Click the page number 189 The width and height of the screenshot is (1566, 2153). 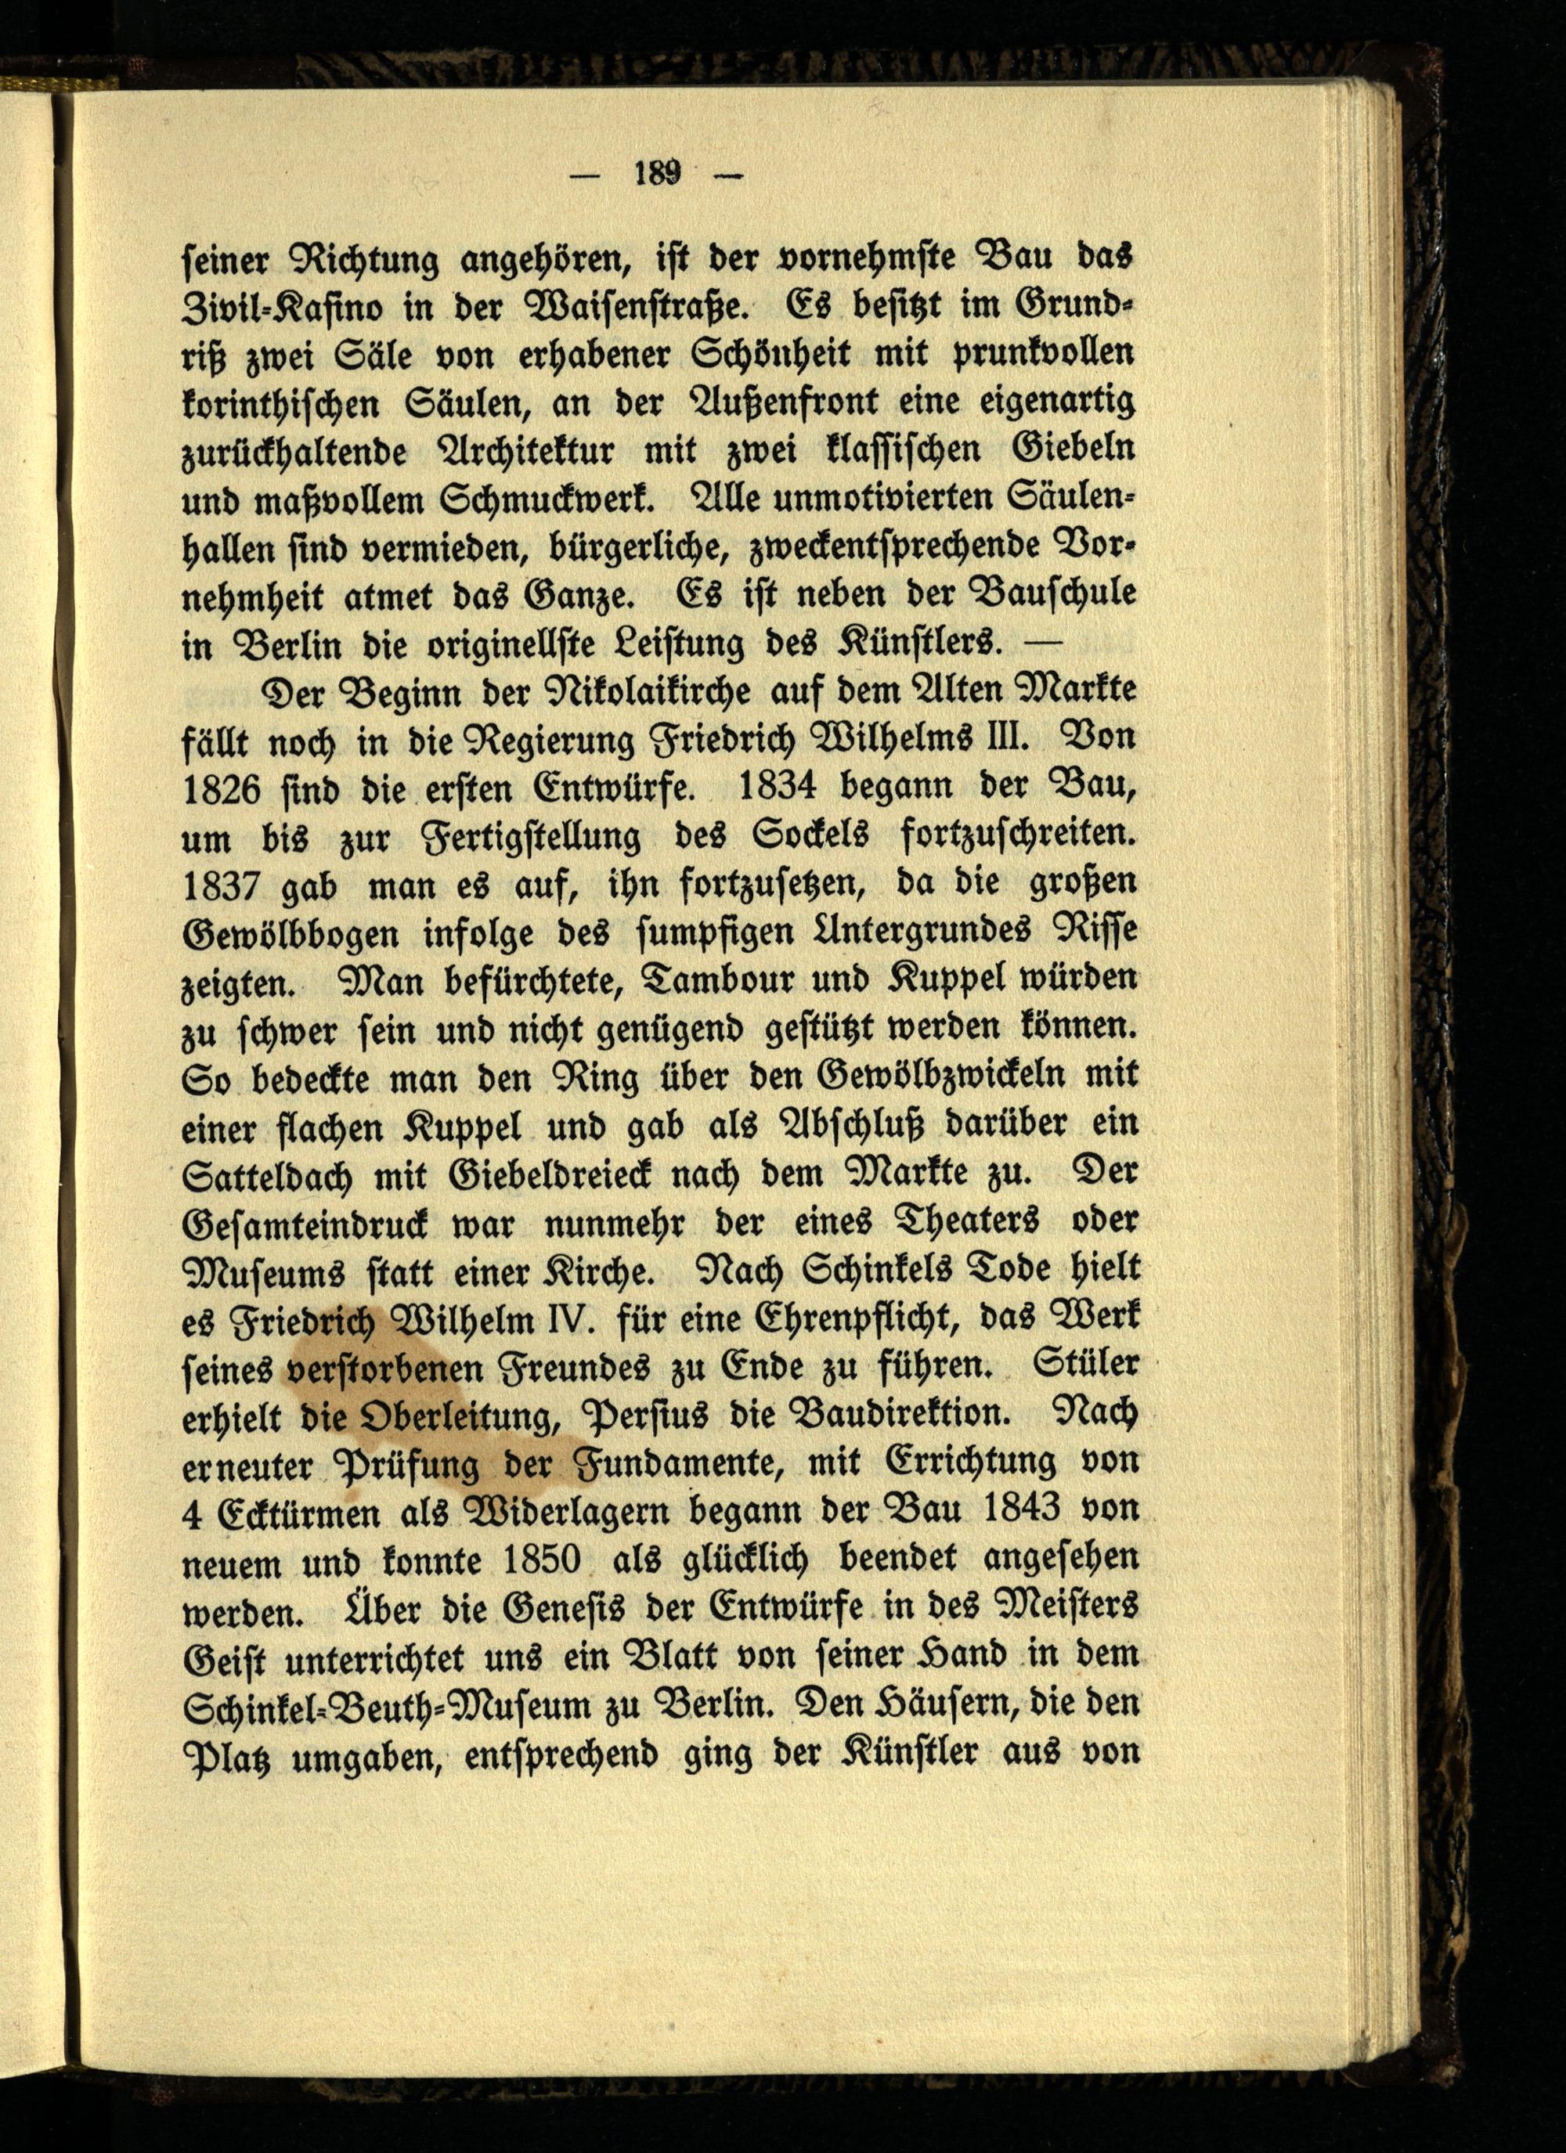[659, 174]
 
